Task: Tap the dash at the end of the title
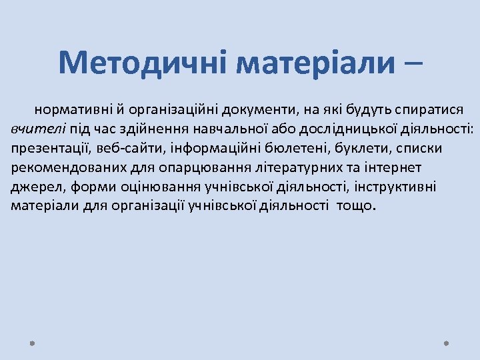click(x=413, y=64)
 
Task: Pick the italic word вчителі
click(x=34, y=128)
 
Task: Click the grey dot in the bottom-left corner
click(x=32, y=343)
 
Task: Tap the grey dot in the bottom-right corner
click(x=446, y=343)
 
